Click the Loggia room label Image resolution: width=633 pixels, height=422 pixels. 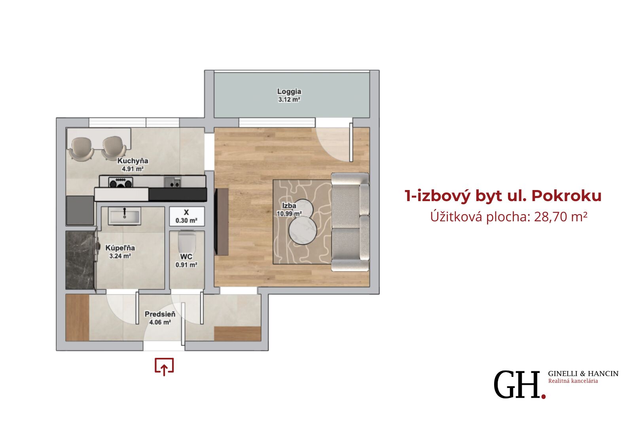point(289,91)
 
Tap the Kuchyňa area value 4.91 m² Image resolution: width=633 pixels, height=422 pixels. point(133,169)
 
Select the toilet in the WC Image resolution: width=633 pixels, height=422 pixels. point(187,242)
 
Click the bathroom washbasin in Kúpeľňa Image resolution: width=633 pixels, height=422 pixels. point(125,217)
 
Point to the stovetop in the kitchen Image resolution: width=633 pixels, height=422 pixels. point(121,182)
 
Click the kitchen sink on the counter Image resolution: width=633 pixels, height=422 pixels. point(172,182)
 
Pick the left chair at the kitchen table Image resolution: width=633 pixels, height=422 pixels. point(82,148)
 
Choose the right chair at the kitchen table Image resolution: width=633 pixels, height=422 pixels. point(114,148)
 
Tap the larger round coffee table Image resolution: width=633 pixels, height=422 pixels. point(303,230)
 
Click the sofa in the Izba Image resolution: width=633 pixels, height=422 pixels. point(350,222)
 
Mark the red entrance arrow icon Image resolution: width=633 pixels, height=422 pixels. point(164,367)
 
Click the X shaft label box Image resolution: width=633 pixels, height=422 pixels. point(187,217)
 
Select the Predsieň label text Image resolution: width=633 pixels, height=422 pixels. point(160,314)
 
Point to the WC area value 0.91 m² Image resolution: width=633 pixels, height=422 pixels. point(186,265)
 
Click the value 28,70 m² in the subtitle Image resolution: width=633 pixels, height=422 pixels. point(561,217)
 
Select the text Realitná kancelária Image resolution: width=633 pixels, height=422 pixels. point(573,381)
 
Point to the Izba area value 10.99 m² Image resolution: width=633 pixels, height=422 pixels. point(289,214)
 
